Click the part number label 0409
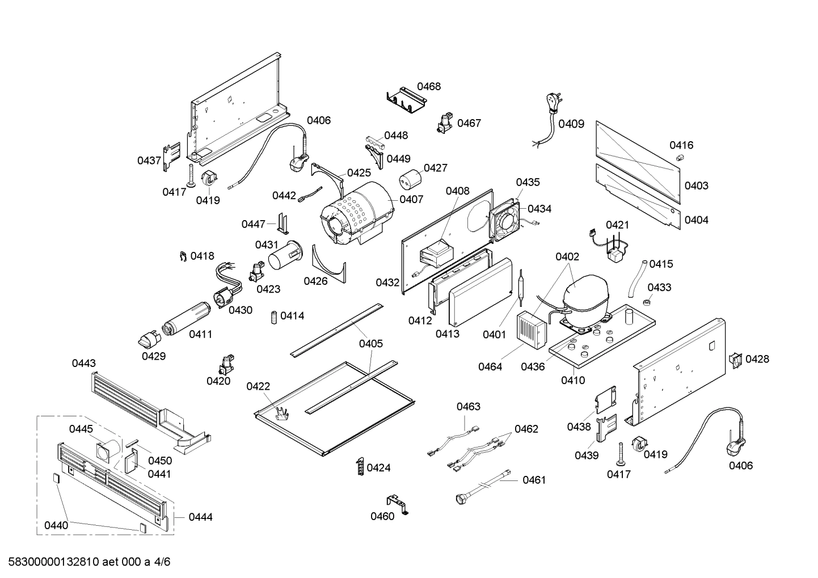(x=571, y=124)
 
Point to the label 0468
(x=429, y=86)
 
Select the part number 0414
(x=292, y=315)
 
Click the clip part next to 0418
(x=182, y=257)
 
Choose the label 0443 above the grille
(x=84, y=363)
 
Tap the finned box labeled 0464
(x=530, y=329)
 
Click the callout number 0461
(x=534, y=480)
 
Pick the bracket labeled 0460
(x=398, y=504)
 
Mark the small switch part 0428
(x=736, y=360)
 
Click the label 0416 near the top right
(x=681, y=145)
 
